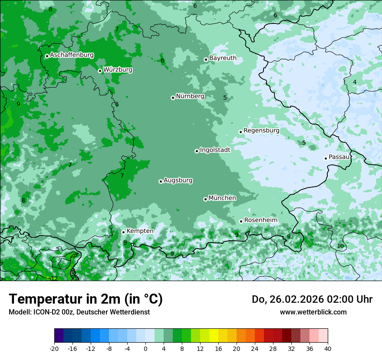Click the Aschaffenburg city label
coord(72,55)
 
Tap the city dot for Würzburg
coord(100,71)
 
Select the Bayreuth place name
coord(223,58)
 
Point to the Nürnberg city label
coord(190,96)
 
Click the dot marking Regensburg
coord(240,132)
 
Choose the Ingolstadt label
coord(215,150)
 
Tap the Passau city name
coord(339,157)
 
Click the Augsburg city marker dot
coord(161,181)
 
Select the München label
coord(222,198)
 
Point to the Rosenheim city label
coord(260,220)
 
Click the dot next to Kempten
coord(123,232)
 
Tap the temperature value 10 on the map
coord(340,246)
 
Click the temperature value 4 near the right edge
coord(355,82)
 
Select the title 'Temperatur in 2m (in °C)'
coord(86,299)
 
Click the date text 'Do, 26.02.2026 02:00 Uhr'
coord(312,299)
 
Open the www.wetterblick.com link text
coord(313,312)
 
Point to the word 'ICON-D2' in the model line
coord(45,312)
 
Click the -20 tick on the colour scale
coord(54,349)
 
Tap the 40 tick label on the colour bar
coord(328,349)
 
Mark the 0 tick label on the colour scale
coord(145,349)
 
